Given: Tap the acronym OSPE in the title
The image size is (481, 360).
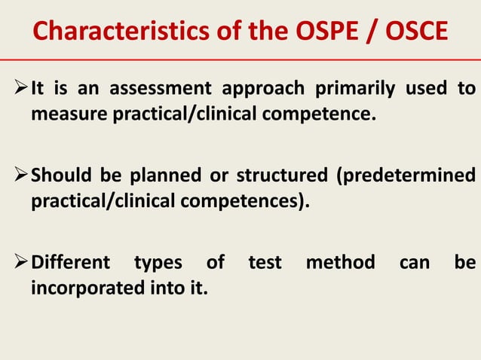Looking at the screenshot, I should [317, 32].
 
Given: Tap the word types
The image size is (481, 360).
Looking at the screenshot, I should [158, 264].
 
